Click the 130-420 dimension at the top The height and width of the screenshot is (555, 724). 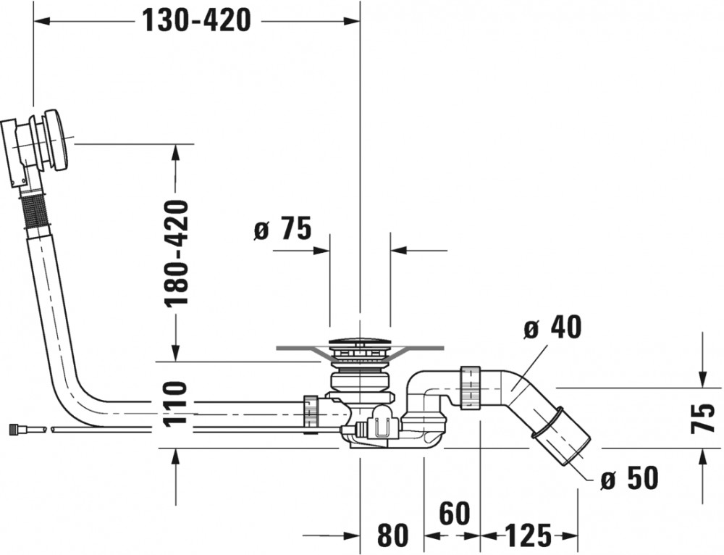196,20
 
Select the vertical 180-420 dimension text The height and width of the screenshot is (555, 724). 177,254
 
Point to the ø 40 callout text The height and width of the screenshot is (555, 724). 553,327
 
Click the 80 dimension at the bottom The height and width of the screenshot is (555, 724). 393,535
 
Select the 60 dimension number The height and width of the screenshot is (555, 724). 454,513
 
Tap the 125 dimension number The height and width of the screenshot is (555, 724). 529,535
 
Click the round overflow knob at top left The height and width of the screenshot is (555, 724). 57,140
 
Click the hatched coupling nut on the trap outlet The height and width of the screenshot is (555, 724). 471,388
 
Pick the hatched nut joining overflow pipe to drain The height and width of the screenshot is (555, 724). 311,411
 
